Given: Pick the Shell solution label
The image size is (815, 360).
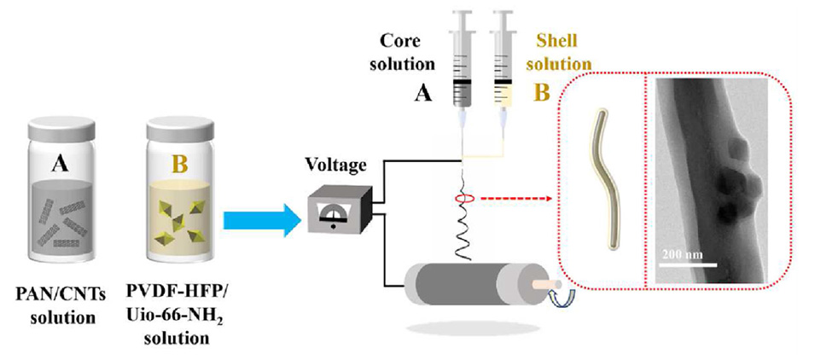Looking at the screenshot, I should [x=562, y=52].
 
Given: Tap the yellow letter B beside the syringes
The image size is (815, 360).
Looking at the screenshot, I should [x=541, y=94].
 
